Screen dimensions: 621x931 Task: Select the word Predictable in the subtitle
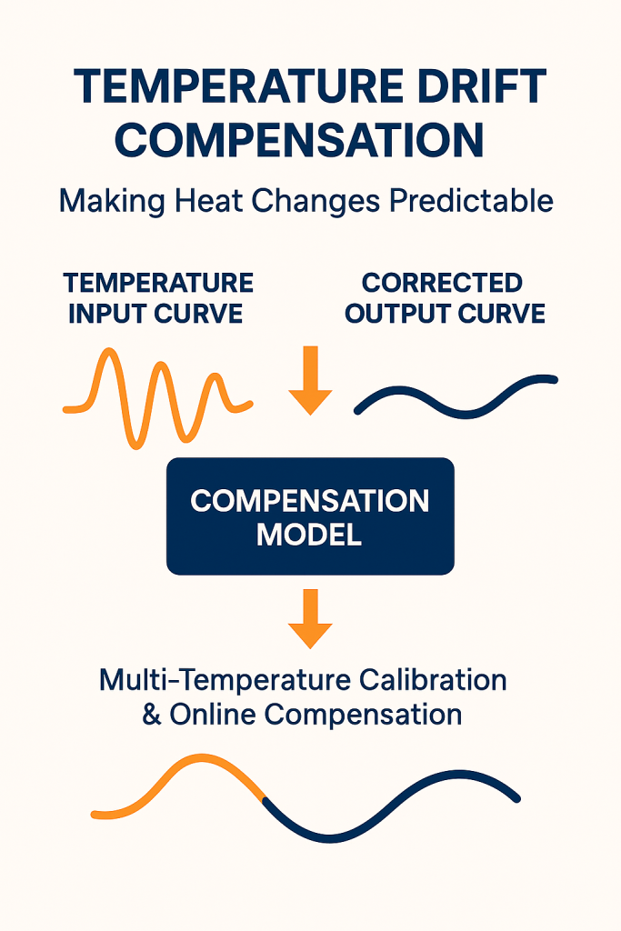tap(471, 201)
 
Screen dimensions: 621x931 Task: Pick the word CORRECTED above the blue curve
tap(442, 283)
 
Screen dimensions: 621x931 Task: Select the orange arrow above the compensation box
tap(310, 380)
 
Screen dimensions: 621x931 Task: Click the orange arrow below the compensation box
tap(310, 618)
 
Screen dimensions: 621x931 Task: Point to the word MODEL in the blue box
tap(309, 535)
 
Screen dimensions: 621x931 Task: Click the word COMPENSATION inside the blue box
tap(310, 501)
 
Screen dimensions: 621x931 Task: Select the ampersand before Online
tap(152, 715)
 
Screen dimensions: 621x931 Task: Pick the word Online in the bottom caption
tap(214, 714)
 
